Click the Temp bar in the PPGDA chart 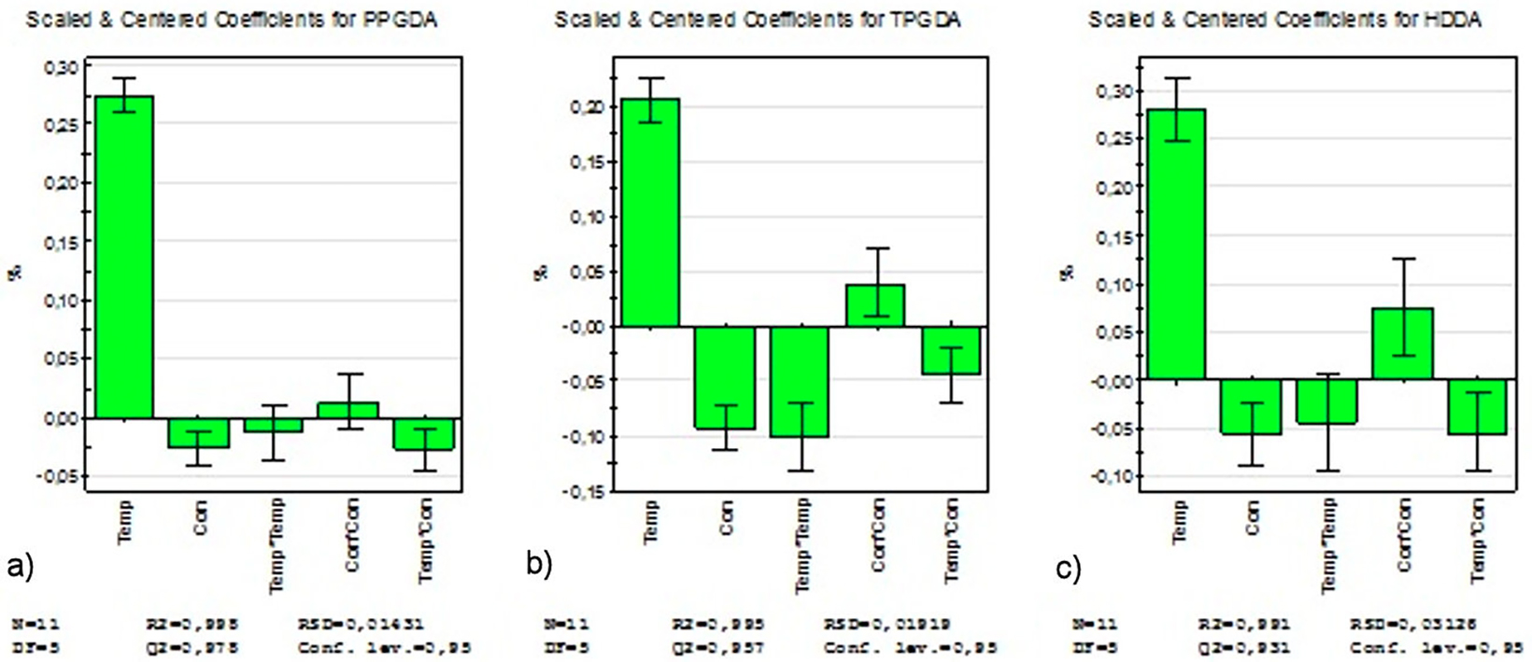point(124,257)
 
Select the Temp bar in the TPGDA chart point(650,212)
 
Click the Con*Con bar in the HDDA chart point(1404,344)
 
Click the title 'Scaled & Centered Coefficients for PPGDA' point(231,20)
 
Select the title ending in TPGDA point(758,20)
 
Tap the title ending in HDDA point(1284,20)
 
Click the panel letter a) point(20,566)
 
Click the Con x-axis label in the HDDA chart point(1253,516)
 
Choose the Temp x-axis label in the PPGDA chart point(124,521)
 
